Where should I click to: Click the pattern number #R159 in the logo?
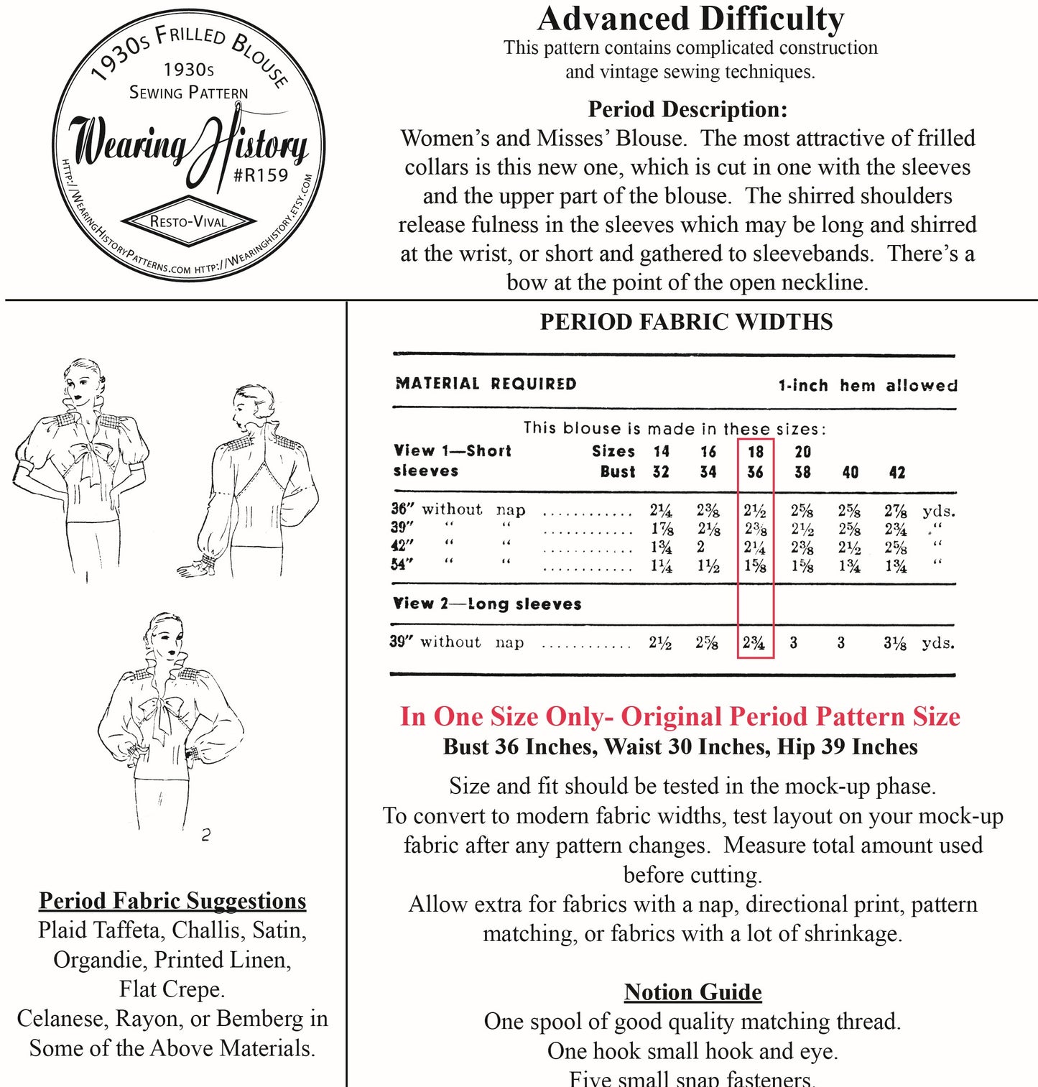[261, 175]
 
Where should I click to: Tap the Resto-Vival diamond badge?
[188, 221]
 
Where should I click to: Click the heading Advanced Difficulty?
[690, 19]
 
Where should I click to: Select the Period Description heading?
[687, 109]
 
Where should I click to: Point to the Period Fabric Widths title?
[686, 321]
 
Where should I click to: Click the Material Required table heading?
[486, 384]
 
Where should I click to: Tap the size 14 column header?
[661, 451]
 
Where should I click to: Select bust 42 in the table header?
[897, 472]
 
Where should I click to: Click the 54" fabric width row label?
[402, 564]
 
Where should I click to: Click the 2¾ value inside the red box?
[754, 642]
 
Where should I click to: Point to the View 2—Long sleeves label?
[486, 603]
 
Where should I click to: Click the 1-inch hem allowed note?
[867, 385]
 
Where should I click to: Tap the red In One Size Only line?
[680, 716]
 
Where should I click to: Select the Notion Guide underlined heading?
[692, 991]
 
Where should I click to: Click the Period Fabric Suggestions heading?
[172, 900]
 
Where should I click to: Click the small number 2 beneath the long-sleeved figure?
[206, 835]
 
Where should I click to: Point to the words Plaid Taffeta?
[99, 930]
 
